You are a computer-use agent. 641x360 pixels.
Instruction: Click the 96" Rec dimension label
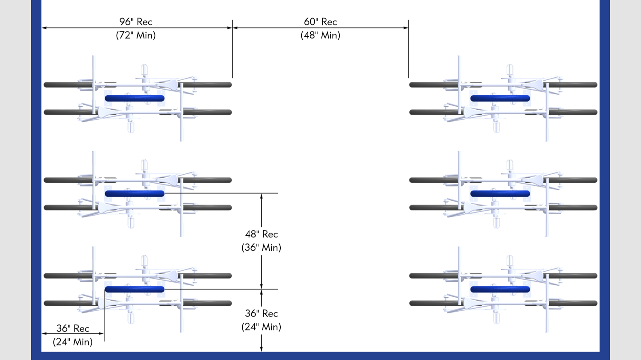(x=135, y=22)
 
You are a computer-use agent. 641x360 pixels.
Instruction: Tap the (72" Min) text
(x=135, y=35)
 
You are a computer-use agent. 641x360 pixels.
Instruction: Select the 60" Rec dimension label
(x=320, y=22)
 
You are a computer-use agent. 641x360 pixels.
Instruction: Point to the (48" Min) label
(x=320, y=35)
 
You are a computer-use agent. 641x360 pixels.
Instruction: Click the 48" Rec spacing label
(x=261, y=234)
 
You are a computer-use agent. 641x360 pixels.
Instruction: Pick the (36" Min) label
(x=261, y=247)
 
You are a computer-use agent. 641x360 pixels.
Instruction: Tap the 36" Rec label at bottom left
(x=73, y=328)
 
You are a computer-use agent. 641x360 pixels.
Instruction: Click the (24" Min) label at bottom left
(x=73, y=342)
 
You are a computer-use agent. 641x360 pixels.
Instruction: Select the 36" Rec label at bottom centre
(x=261, y=313)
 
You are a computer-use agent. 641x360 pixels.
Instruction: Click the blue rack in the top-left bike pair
(x=135, y=98)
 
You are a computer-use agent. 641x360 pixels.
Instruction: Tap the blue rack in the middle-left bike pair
(x=135, y=193)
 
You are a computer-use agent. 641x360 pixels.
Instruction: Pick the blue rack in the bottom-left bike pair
(x=135, y=289)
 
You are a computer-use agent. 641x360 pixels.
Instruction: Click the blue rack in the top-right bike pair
(x=500, y=98)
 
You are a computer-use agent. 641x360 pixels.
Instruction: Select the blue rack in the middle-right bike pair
(x=500, y=193)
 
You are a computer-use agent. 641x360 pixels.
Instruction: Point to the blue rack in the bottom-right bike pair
(x=500, y=289)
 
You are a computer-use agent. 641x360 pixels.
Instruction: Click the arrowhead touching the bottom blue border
(x=261, y=349)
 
